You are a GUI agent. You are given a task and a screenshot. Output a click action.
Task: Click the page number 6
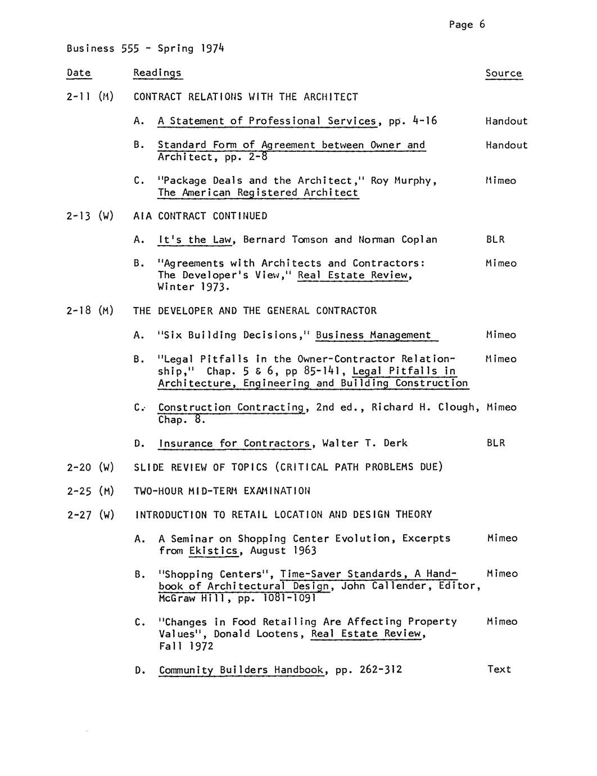[x=482, y=24]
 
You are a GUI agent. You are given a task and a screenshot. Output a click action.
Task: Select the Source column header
[x=503, y=73]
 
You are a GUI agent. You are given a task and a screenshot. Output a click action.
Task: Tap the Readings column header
[x=157, y=73]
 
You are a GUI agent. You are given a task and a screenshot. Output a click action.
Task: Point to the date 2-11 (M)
[x=90, y=97]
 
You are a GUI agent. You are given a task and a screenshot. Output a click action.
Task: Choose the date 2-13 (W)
[x=90, y=216]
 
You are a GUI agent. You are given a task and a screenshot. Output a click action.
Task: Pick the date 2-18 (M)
[x=90, y=311]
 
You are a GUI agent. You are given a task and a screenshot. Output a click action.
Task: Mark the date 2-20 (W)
[x=90, y=467]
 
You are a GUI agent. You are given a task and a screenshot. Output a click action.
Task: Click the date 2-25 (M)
[x=90, y=491]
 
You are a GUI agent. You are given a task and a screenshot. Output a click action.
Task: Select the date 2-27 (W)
[x=90, y=515]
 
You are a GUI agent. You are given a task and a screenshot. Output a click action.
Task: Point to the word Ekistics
[x=214, y=551]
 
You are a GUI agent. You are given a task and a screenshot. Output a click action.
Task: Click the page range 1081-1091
[x=290, y=598]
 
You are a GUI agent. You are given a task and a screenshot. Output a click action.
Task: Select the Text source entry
[x=499, y=669]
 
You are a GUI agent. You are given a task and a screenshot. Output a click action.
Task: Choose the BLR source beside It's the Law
[x=495, y=240]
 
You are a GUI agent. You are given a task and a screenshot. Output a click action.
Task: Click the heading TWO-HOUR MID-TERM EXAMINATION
[x=222, y=491]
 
